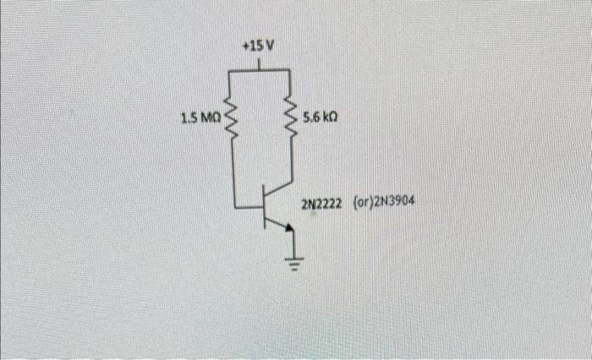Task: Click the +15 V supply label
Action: click(x=259, y=45)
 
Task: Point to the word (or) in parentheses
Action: click(x=359, y=204)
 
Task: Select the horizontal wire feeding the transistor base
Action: click(x=249, y=205)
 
